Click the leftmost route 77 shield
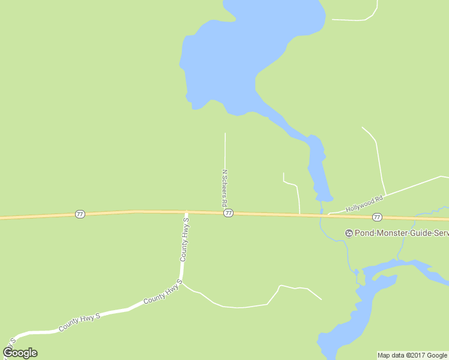[80, 214]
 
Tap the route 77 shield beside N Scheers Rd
[228, 214]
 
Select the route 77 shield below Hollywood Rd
[376, 217]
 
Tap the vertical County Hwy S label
[185, 240]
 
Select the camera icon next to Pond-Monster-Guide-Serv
[348, 233]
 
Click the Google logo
[20, 353]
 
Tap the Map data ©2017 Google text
[412, 355]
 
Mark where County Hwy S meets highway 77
[186, 212]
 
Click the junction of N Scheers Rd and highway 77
[225, 212]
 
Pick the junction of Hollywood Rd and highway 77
[328, 215]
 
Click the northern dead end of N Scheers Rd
[225, 134]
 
